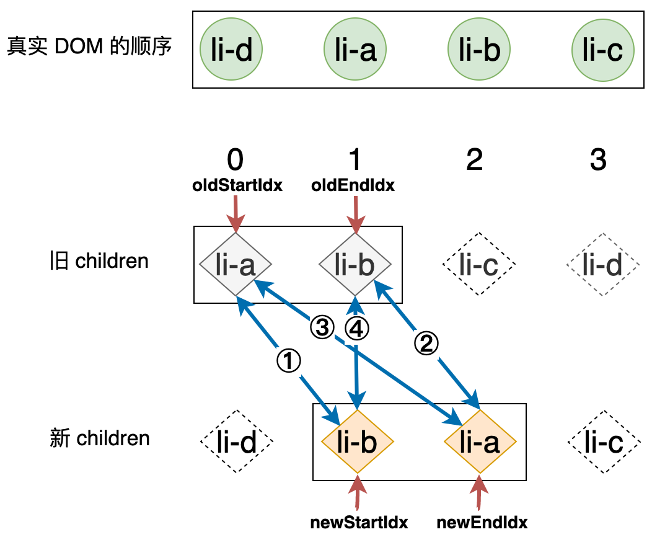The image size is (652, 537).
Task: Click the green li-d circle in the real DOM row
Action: click(x=231, y=50)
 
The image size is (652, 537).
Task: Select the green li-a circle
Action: click(x=355, y=50)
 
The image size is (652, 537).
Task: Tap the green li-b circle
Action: click(x=479, y=50)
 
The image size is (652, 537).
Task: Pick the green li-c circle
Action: click(x=603, y=50)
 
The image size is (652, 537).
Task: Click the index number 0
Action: click(x=235, y=161)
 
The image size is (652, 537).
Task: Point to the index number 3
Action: click(x=599, y=161)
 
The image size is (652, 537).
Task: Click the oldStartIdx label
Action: click(x=237, y=185)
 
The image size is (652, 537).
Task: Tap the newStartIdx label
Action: click(x=359, y=522)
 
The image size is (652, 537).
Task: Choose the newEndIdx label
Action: click(x=482, y=522)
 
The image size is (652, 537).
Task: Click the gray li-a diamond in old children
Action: click(x=236, y=265)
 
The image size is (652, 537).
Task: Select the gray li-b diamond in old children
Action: click(x=355, y=265)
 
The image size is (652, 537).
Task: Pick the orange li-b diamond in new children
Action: click(x=358, y=442)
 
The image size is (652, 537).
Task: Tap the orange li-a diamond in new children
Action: click(x=480, y=442)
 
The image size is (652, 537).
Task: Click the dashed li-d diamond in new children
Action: click(x=237, y=442)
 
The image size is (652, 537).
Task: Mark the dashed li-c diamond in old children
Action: click(x=479, y=265)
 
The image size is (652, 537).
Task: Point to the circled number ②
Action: click(x=426, y=343)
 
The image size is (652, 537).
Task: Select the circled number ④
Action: click(x=355, y=328)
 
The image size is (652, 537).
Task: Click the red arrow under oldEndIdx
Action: click(x=355, y=214)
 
